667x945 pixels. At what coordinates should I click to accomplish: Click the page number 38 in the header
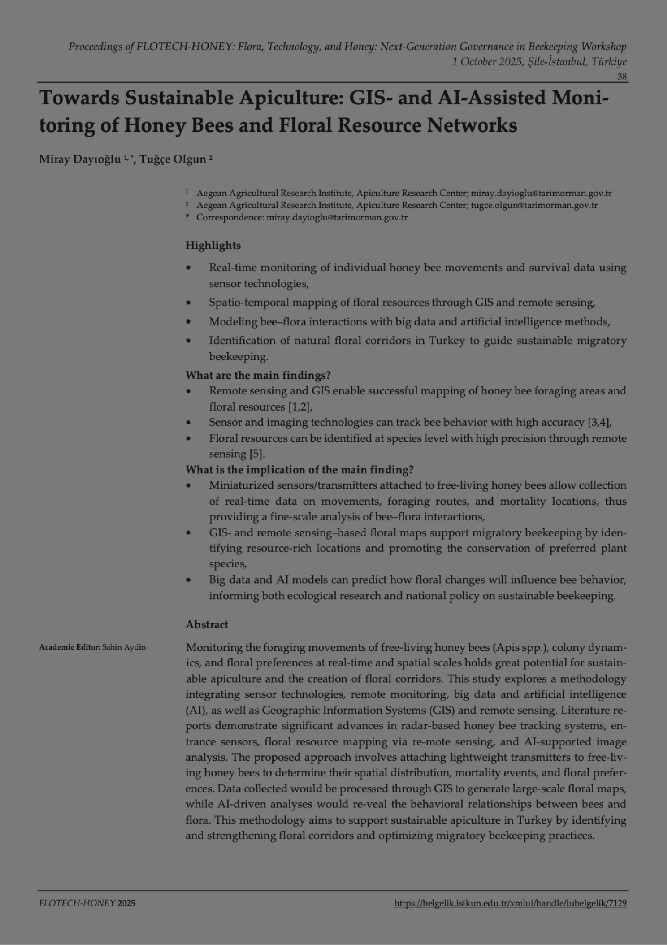621,76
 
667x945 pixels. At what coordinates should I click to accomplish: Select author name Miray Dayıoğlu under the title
80,159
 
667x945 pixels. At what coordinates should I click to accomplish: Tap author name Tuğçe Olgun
173,159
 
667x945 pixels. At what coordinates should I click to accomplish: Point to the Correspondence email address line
302,217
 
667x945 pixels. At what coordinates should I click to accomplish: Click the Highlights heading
213,245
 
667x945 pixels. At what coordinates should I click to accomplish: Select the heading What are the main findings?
258,375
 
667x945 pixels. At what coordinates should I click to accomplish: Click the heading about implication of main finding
299,469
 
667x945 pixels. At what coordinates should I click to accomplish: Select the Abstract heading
207,625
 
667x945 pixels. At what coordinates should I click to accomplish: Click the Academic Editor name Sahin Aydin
124,648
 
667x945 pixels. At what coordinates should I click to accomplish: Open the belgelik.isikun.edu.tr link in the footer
510,903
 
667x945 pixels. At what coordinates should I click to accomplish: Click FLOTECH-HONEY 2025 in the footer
87,903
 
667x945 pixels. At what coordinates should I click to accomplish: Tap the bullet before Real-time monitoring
189,268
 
